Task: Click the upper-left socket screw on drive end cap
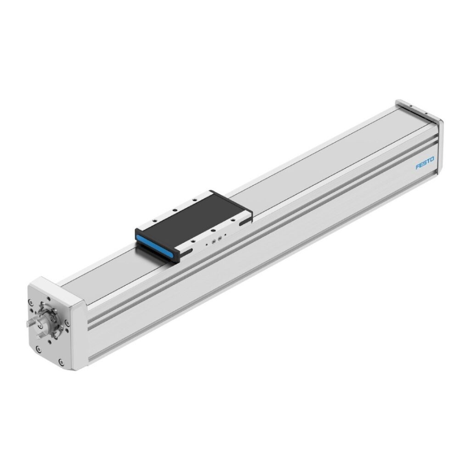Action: pyautogui.click(x=30, y=302)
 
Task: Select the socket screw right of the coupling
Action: pyautogui.click(x=67, y=323)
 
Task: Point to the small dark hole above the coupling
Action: pyautogui.click(x=49, y=299)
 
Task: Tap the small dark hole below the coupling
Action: pyautogui.click(x=50, y=342)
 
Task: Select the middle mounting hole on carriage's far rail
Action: pyautogui.click(x=175, y=210)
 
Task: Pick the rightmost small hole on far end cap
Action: pyautogui.click(x=426, y=113)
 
